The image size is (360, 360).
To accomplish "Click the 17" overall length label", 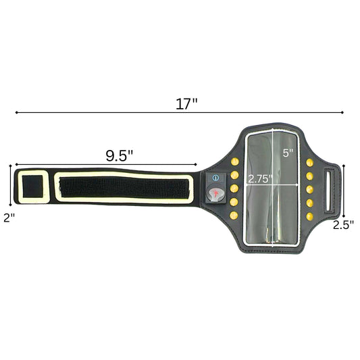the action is coord(186,104).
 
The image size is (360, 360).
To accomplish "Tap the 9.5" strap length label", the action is coord(119,155).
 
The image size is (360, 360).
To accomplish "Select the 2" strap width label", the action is coord(9,217).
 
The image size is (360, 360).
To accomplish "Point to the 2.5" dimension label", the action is coord(344,225).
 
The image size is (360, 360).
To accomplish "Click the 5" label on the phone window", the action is coord(288,153).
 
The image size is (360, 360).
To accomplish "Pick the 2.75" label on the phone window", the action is coord(260,179).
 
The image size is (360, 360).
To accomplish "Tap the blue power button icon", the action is coord(215,178).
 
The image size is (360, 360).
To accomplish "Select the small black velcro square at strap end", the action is coord(32,186).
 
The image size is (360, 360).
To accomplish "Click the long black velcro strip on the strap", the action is coord(124,187).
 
